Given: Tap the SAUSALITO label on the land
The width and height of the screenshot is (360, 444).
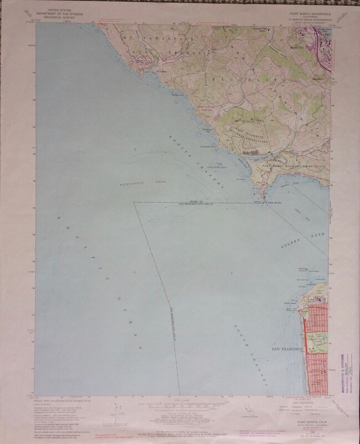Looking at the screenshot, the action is (x=261, y=81).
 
